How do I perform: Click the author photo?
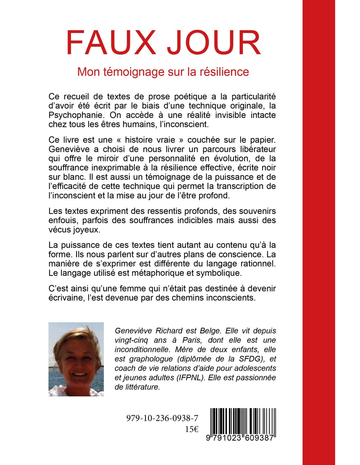click(x=76, y=359)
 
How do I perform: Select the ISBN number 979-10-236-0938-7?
click(x=162, y=418)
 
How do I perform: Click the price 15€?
click(x=191, y=429)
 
